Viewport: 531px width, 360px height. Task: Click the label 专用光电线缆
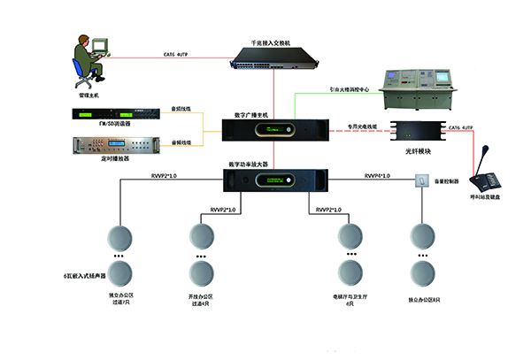coord(362,126)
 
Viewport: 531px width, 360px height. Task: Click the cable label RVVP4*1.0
coord(381,177)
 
